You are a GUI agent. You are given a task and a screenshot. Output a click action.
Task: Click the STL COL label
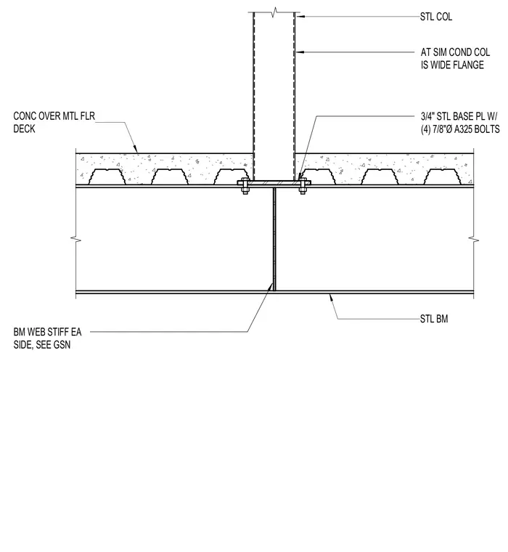tap(436, 17)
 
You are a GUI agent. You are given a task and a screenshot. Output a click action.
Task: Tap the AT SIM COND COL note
tap(455, 52)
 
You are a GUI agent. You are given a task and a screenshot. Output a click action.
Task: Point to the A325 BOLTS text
tap(477, 129)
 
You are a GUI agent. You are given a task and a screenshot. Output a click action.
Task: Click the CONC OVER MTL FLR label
tap(54, 115)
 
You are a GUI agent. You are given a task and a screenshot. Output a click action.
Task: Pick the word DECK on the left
tap(24, 129)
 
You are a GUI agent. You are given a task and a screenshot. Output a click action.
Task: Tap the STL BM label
tap(434, 319)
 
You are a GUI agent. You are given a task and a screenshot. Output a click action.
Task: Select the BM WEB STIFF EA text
tap(47, 332)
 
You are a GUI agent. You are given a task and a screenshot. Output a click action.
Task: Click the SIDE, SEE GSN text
tap(42, 345)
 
